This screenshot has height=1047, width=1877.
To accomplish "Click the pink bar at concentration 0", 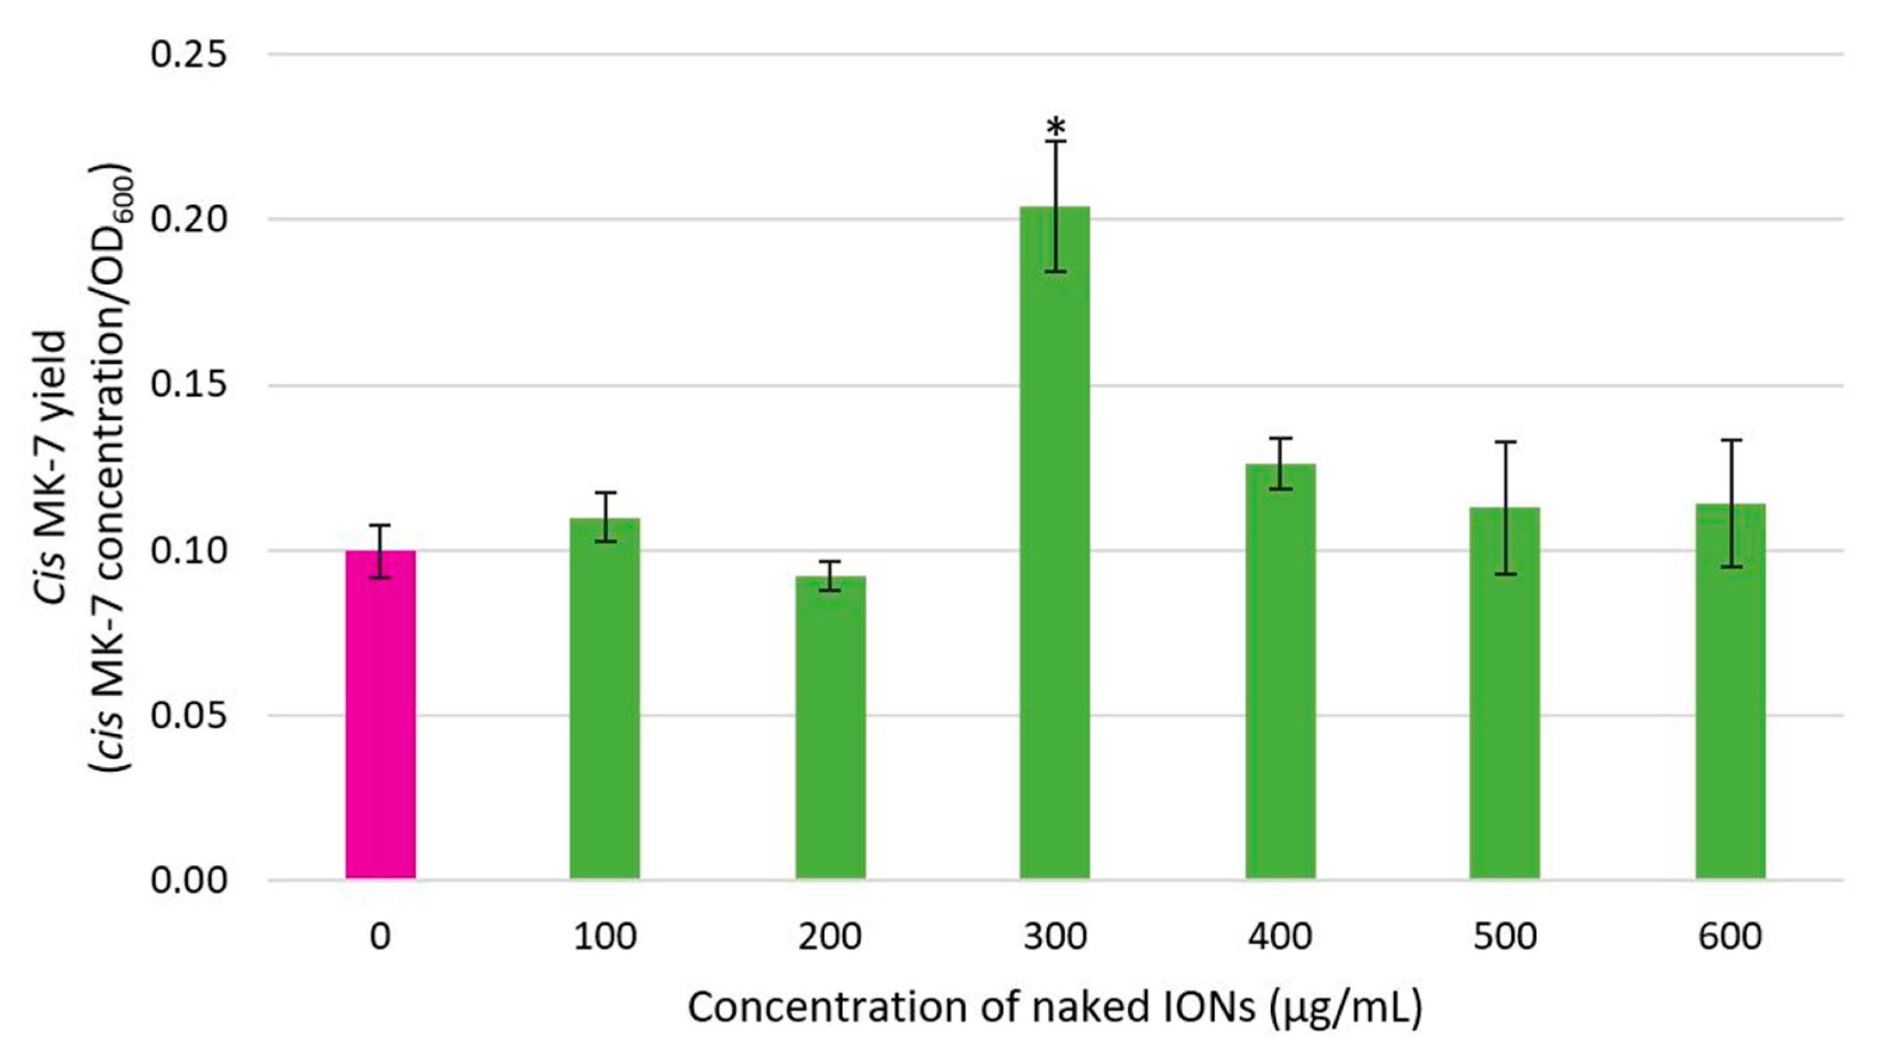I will pyautogui.click(x=380, y=714).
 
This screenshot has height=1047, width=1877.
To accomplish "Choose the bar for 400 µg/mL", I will pyautogui.click(x=1280, y=671).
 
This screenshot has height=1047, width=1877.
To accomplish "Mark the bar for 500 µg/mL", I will pyautogui.click(x=1505, y=693).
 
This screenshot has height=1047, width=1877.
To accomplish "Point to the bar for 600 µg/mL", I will pyautogui.click(x=1730, y=692).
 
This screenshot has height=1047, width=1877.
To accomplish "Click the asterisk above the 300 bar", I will pyautogui.click(x=1056, y=129).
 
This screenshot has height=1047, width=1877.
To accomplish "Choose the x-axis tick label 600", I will pyautogui.click(x=1730, y=937).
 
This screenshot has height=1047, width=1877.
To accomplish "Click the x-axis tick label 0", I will pyautogui.click(x=380, y=937).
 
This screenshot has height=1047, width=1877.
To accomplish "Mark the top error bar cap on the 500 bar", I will pyautogui.click(x=1505, y=442).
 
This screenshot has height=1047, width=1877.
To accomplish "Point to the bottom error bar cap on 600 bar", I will pyautogui.click(x=1730, y=567).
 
